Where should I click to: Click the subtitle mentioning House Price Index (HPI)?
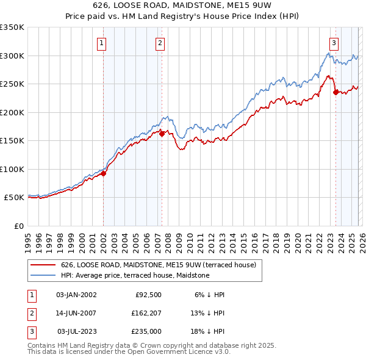click(183, 17)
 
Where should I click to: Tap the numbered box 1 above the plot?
click(101, 43)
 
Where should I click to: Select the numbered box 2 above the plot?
click(160, 43)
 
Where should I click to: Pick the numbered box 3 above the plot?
click(334, 43)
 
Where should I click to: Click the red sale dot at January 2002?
click(104, 173)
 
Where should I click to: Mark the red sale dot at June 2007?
click(162, 134)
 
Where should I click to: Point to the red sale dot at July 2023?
click(335, 93)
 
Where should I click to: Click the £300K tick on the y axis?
click(12, 56)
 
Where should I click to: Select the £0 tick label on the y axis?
click(19, 226)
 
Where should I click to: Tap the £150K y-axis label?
click(12, 141)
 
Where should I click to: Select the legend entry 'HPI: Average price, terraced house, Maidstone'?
click(135, 275)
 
